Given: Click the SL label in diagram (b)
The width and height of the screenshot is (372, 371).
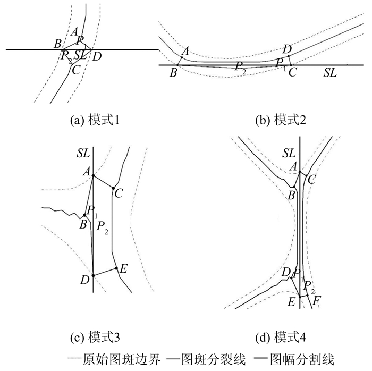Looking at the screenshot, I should [330, 73].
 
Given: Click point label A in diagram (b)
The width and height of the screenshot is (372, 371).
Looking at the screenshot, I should [185, 51].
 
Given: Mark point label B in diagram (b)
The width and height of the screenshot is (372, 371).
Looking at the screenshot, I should [173, 72].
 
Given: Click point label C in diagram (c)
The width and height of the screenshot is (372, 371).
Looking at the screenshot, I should [119, 193].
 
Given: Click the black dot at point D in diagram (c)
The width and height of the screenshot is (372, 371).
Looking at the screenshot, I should [93, 275].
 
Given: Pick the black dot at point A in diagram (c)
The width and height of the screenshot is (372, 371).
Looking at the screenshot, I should [93, 175].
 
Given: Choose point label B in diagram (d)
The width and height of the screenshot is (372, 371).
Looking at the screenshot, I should [291, 195].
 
